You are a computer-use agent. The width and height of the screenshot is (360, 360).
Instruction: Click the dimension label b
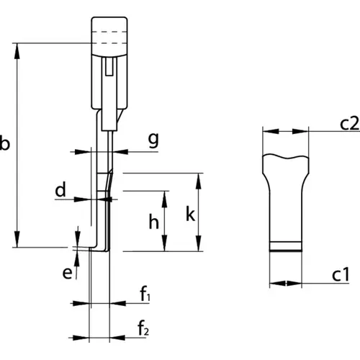pyautogui.click(x=5, y=143)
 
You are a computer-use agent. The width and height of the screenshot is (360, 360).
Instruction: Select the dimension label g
pyautogui.click(x=153, y=140)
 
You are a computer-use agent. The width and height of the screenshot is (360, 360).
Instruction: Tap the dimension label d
pyautogui.click(x=60, y=189)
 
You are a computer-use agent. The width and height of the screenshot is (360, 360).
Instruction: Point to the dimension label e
pyautogui.click(x=67, y=274)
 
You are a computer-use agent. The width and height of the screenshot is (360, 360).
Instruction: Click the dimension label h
pyautogui.click(x=154, y=222)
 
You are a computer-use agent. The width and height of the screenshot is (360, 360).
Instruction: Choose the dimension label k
pyautogui.click(x=190, y=214)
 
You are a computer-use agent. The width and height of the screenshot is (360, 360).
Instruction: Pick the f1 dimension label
pyautogui.click(x=145, y=294)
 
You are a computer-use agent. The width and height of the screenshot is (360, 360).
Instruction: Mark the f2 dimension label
pyautogui.click(x=143, y=328)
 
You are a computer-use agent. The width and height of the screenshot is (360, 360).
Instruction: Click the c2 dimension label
pyautogui.click(x=350, y=124)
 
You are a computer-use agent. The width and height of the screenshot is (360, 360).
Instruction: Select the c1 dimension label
pyautogui.click(x=341, y=275)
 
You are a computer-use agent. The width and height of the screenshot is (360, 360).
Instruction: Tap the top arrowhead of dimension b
pyautogui.click(x=17, y=51)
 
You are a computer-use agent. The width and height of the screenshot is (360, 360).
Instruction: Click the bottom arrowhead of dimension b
pyautogui.click(x=17, y=239)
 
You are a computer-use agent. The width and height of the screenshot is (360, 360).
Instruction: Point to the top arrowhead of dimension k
pyautogui.click(x=199, y=181)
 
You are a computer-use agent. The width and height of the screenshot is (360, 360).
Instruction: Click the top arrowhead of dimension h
pyautogui.click(x=164, y=199)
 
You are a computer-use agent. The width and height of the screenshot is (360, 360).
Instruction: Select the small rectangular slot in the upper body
pyautogui.click(x=109, y=67)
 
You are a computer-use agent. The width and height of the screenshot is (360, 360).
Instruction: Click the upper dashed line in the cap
pyautogui.click(x=109, y=32)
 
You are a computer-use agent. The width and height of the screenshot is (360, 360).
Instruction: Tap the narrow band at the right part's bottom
pyautogui.click(x=286, y=246)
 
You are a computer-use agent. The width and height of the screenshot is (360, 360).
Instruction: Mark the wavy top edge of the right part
pyautogui.click(x=286, y=156)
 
